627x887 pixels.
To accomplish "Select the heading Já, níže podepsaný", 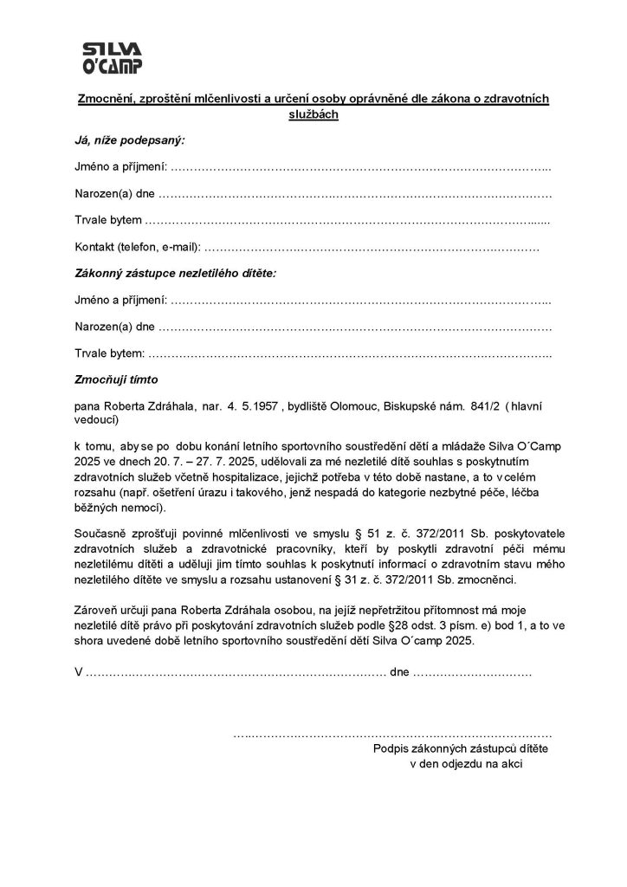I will tap(129, 139).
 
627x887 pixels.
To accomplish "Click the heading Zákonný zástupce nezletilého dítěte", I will tap(175, 273).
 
